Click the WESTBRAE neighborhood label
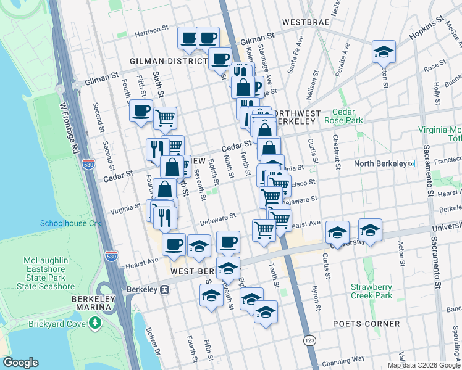coord(309,22)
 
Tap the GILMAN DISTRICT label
coord(167,61)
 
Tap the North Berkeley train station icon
coord(411,164)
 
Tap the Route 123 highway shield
coord(310,340)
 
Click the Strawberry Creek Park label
coord(372,291)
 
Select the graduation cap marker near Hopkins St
coord(384,51)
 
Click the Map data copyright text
coord(423,365)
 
